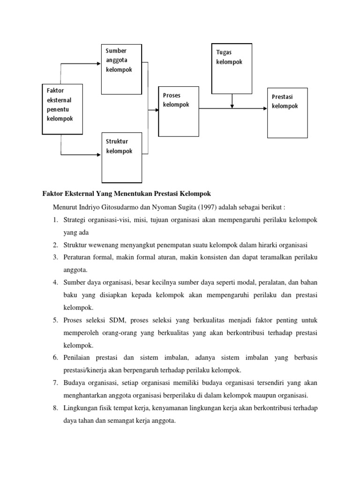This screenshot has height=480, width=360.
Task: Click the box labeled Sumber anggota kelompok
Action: point(121,68)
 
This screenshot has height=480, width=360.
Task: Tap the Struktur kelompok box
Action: point(121,157)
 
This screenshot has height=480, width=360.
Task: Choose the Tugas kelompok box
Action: point(232,68)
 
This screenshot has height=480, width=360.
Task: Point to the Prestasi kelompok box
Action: point(287,112)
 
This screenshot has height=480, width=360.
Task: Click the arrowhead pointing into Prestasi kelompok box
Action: point(265,111)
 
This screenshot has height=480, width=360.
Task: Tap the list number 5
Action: point(55,321)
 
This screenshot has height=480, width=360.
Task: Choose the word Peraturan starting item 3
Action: point(77,257)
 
